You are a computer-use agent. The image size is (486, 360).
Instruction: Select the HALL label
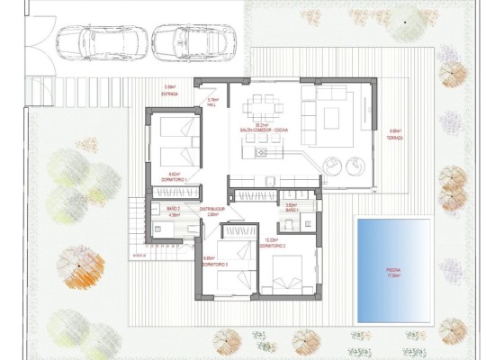pyautogui.click(x=213, y=104)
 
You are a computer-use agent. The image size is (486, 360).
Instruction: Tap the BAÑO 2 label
pyautogui.click(x=174, y=209)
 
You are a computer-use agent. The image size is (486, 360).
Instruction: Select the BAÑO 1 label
pyautogui.click(x=291, y=209)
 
